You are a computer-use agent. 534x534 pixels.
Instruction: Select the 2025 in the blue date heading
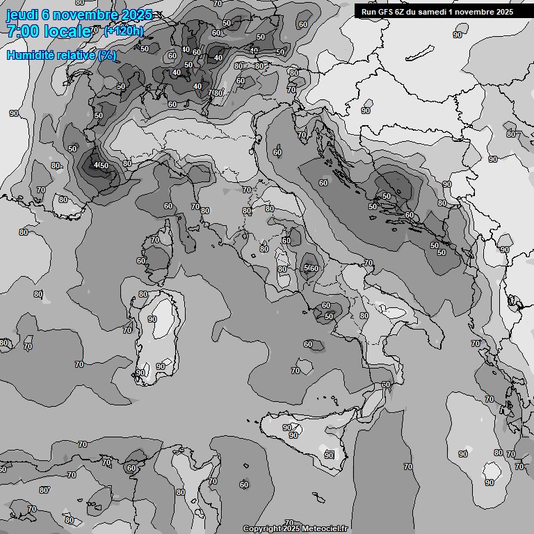point(136,15)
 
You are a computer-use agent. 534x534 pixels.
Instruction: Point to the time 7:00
point(22,31)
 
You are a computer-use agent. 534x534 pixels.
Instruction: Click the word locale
point(67,31)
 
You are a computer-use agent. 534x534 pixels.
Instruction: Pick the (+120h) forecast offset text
point(123,31)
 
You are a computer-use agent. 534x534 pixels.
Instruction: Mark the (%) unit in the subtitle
point(107,55)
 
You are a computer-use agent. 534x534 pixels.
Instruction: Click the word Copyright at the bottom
point(261,528)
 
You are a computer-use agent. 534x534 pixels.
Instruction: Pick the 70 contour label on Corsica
point(154,241)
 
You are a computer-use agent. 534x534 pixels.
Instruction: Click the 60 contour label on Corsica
point(142,261)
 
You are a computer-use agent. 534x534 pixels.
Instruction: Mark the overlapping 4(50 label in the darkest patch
point(101,165)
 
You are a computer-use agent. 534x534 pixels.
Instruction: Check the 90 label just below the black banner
point(458,34)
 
